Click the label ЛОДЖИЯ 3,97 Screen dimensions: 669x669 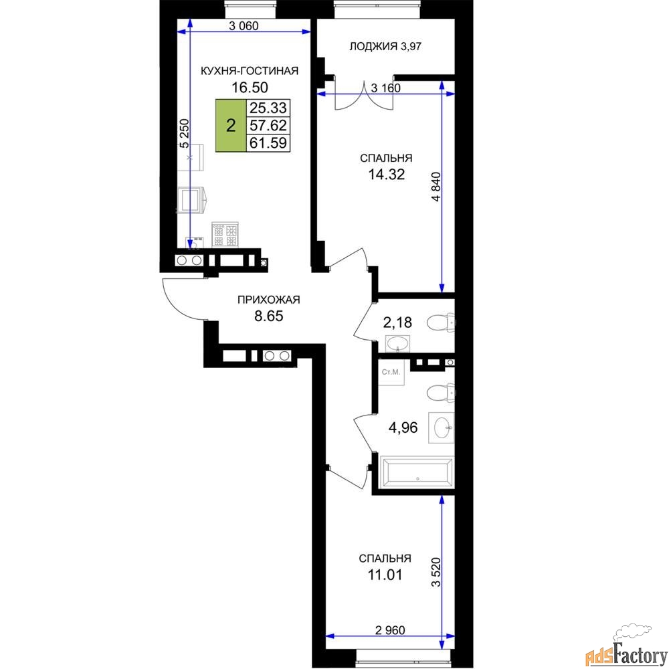(x=385, y=46)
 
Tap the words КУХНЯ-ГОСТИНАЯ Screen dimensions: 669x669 (x=249, y=71)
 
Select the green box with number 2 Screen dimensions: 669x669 (x=231, y=126)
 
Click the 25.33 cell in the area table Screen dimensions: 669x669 (x=268, y=108)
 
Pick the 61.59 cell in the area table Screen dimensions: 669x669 (x=268, y=142)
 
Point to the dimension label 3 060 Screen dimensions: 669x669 (x=244, y=26)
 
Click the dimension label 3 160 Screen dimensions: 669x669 (x=386, y=88)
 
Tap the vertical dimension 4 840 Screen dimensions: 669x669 (x=436, y=187)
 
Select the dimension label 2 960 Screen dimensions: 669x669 (x=390, y=630)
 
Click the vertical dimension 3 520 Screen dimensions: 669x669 (x=436, y=572)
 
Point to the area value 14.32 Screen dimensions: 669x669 (x=387, y=174)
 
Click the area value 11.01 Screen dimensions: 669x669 (x=385, y=575)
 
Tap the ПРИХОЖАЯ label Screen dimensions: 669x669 (x=269, y=300)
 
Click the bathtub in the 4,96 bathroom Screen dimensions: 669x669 (x=416, y=472)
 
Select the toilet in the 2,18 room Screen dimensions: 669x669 (x=441, y=322)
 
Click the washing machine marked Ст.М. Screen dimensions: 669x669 (x=391, y=372)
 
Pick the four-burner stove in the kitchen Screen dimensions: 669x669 (x=225, y=235)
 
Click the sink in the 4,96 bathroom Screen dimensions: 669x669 (x=441, y=427)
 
